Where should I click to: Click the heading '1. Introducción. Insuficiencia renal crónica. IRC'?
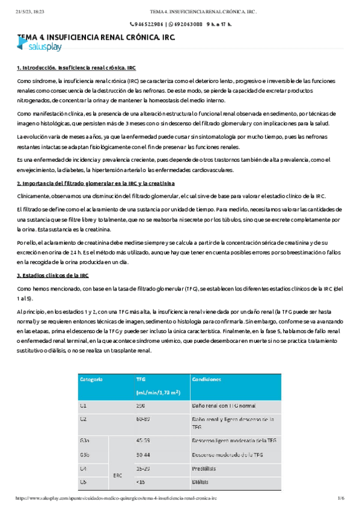76,68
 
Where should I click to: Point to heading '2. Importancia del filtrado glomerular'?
96,183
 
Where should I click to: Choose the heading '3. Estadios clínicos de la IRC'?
53,275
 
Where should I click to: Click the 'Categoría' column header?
91,379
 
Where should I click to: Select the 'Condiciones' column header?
206,379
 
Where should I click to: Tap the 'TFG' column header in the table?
141,379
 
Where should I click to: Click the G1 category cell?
84,406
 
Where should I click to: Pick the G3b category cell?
85,455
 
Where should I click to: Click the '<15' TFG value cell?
141,481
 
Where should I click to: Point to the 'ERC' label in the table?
117,475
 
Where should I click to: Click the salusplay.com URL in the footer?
115,499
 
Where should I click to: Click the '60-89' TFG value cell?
143,418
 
